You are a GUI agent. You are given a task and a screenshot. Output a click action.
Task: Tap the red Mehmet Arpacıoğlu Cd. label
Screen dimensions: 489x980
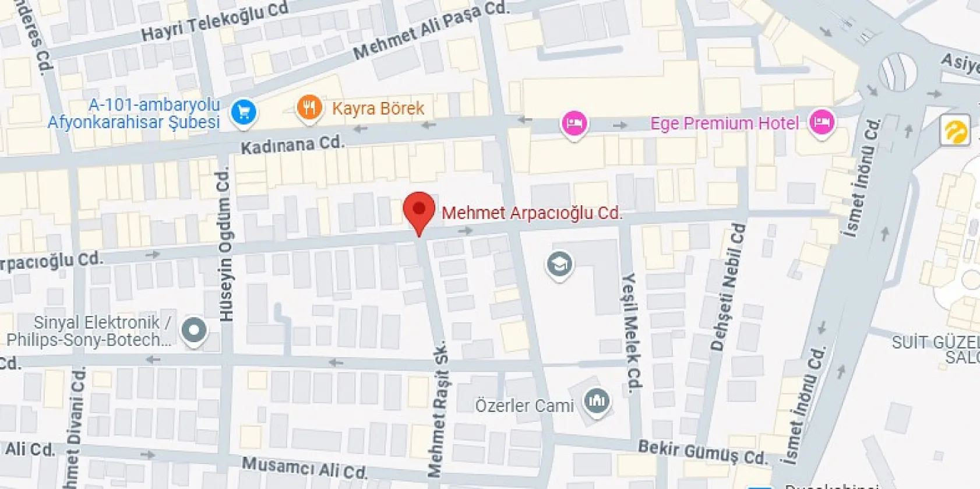531,213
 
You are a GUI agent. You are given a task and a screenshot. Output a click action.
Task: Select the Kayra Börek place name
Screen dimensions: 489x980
378,108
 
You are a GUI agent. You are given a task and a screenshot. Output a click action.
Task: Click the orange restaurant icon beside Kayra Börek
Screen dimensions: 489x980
309,108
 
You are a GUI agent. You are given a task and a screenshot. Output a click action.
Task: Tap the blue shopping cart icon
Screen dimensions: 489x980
244,111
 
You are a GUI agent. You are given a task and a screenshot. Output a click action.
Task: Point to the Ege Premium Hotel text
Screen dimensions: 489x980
724,124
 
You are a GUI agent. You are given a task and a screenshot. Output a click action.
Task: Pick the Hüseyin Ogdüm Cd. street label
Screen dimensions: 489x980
225,244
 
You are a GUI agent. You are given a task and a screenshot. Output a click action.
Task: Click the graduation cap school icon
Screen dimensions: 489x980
559,265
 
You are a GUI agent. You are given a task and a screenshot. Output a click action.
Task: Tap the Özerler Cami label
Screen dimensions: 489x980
524,406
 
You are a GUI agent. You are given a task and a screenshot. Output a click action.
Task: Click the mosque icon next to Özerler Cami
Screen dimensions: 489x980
597,401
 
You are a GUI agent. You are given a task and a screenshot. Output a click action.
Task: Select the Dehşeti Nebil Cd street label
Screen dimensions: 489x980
728,287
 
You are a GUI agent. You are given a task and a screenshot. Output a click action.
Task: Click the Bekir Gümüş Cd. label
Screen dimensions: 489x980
703,452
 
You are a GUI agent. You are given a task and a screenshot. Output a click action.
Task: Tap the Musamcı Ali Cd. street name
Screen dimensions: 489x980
304,467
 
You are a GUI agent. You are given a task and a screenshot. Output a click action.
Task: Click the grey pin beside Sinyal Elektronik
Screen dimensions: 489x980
193,330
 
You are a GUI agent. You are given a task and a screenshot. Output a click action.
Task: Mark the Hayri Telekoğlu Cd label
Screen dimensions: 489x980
214,22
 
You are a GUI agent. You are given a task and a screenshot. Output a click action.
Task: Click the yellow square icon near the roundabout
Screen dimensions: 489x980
954,131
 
